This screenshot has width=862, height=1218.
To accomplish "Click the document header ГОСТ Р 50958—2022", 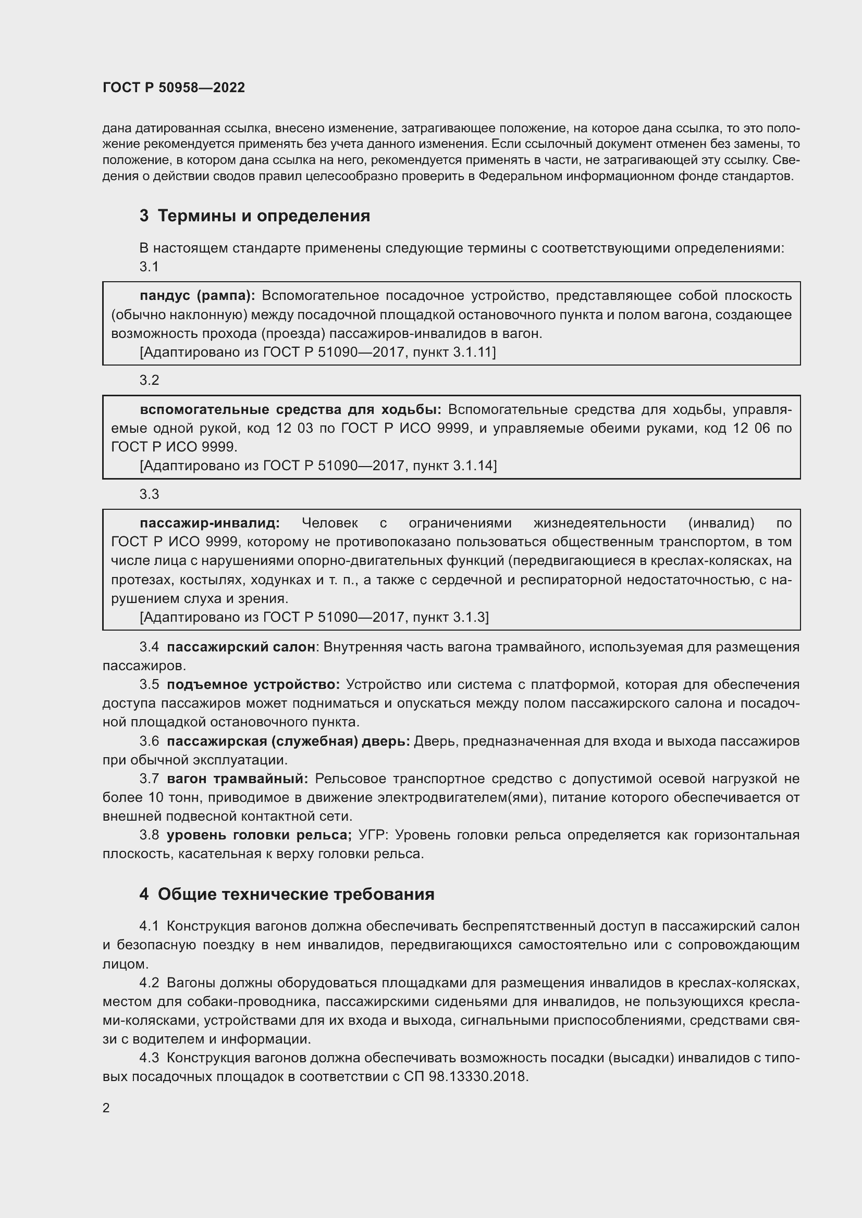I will click(x=174, y=87).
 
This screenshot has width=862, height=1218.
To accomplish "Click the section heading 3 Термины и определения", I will click(x=255, y=216).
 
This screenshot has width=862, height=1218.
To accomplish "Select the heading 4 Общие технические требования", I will click(x=287, y=894).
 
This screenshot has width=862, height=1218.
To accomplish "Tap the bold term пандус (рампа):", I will click(x=198, y=295).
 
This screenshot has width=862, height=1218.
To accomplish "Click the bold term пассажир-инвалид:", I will click(x=210, y=523).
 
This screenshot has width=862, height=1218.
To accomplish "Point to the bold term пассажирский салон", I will click(x=241, y=647).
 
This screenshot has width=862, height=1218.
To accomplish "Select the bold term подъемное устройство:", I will click(x=253, y=684).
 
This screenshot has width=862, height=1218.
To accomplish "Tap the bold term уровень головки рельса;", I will click(x=259, y=835).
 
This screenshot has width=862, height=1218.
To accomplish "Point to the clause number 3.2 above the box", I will click(x=149, y=380).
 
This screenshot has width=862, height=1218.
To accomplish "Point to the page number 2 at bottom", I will click(x=106, y=1108).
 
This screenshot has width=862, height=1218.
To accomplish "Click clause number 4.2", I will click(x=149, y=983).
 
